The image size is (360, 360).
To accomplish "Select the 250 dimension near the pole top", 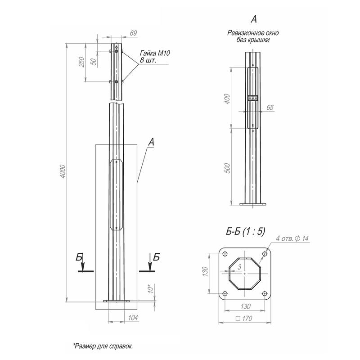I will [x=81, y=63].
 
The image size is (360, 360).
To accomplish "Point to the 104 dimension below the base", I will [x=133, y=318].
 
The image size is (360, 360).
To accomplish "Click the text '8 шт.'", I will [x=148, y=60].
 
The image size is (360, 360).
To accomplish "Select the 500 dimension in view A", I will [x=227, y=168].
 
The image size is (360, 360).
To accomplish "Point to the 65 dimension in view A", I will [x=270, y=107].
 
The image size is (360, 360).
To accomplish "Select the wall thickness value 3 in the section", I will [x=240, y=267].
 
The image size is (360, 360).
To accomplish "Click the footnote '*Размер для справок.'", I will [x=103, y=346].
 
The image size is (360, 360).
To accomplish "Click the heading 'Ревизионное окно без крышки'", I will [x=254, y=36].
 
